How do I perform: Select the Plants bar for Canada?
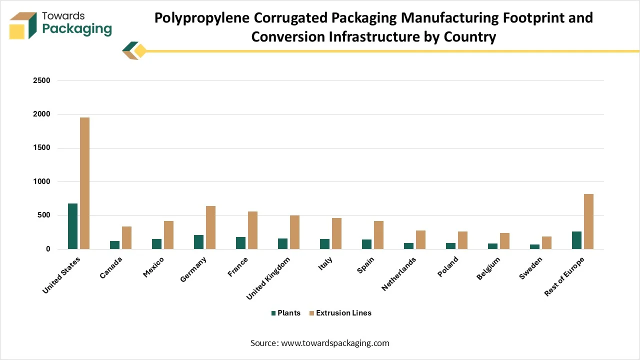[115, 245]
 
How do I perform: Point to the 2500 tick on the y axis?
[41, 80]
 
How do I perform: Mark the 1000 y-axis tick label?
[41, 181]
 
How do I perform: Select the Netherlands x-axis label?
[399, 273]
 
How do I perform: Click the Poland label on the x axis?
[448, 267]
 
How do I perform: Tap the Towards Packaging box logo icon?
[23, 25]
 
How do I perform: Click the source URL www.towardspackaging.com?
[335, 343]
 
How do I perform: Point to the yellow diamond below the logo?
[140, 51]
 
